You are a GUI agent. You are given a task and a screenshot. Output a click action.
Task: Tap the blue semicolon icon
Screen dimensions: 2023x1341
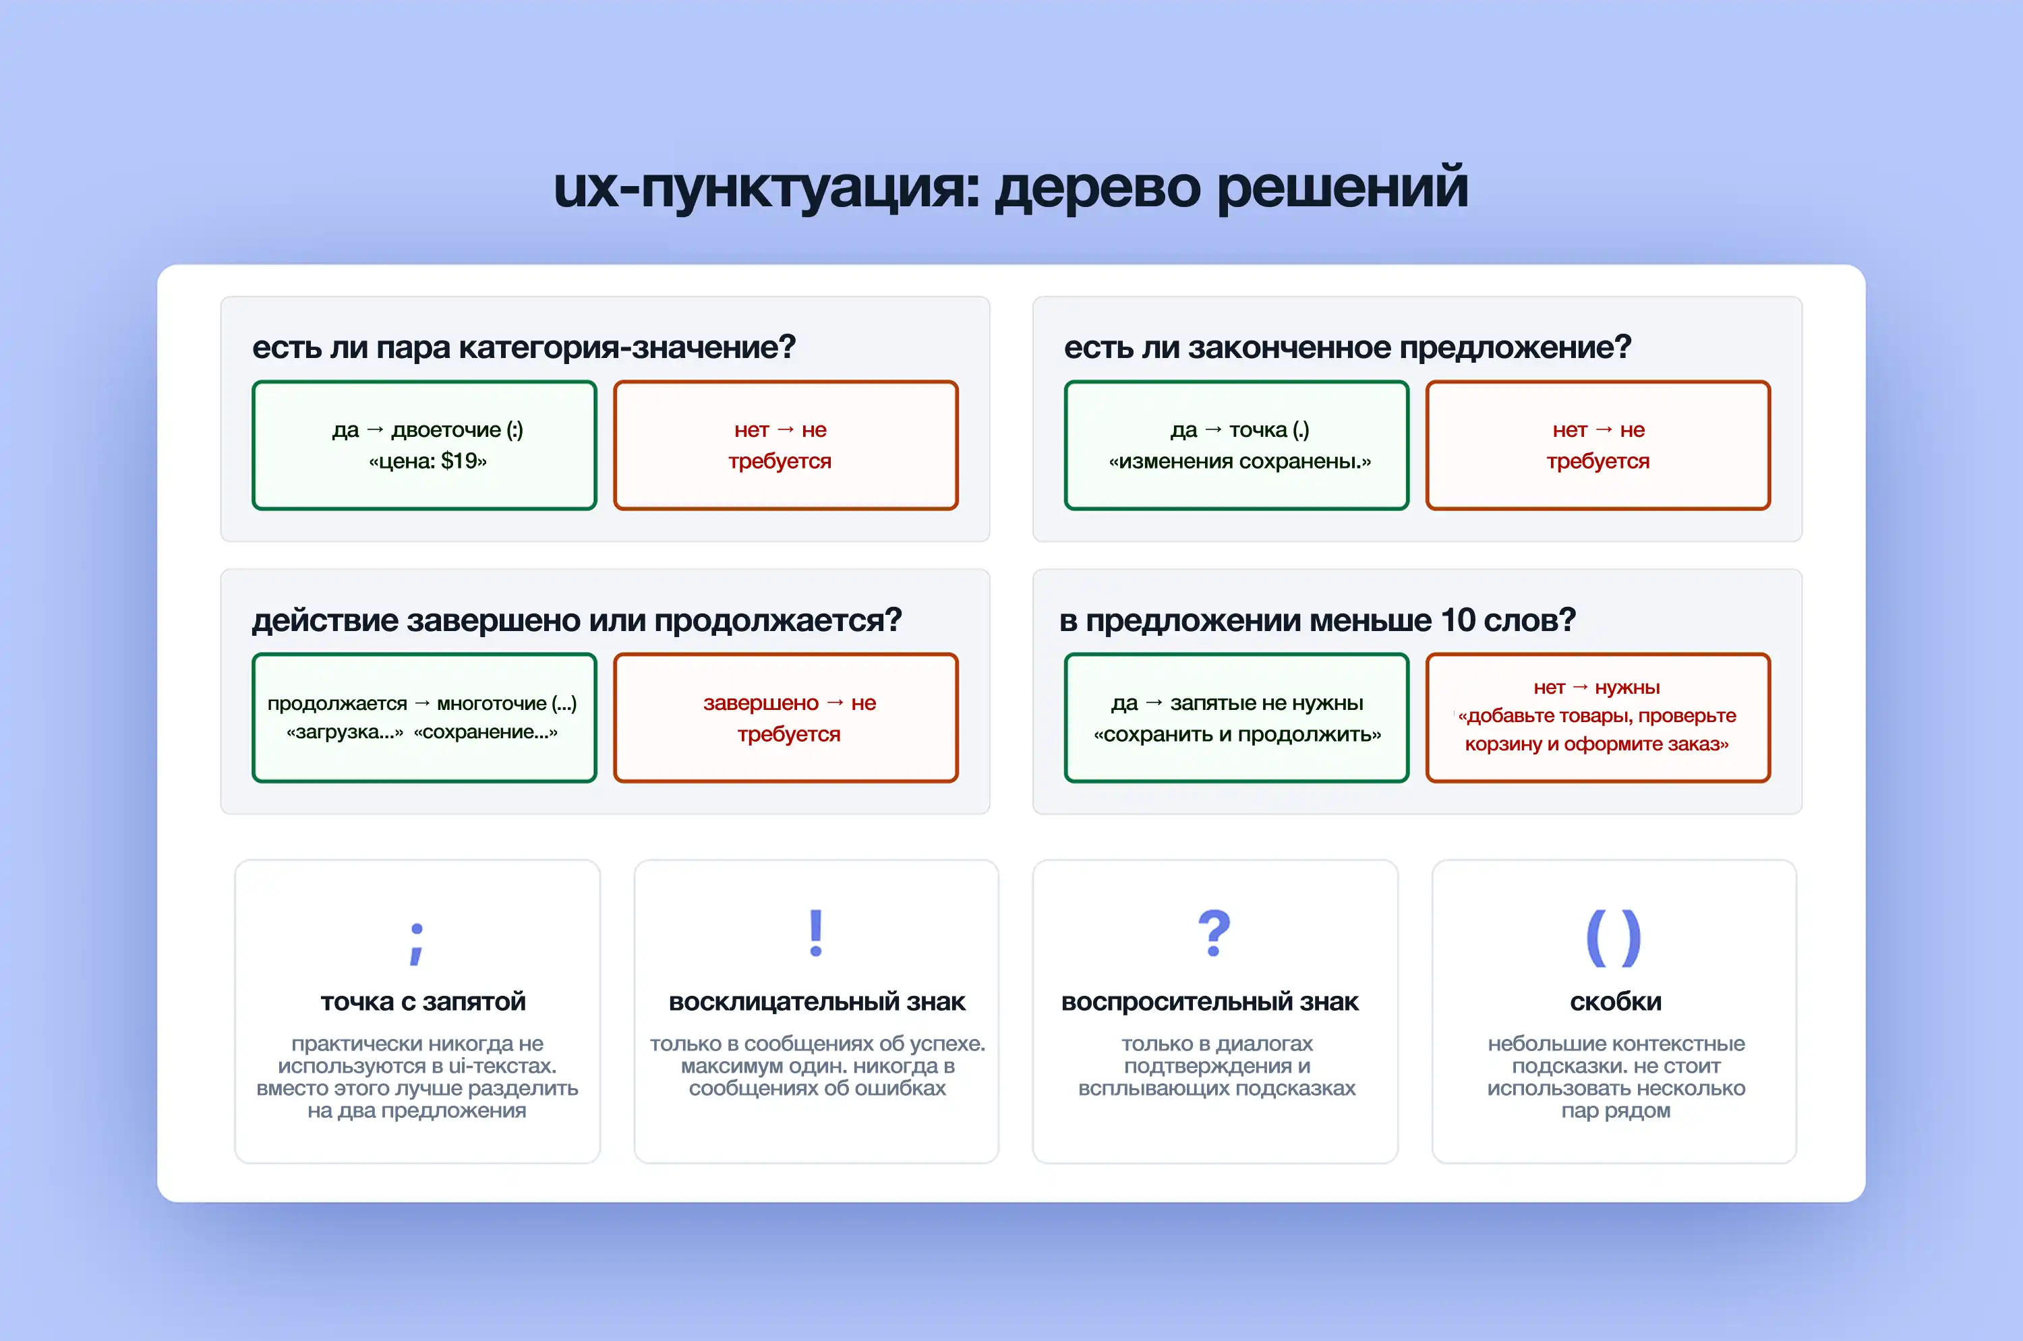click(x=417, y=943)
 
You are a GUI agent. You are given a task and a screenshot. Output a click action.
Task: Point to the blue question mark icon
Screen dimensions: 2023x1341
click(x=1214, y=933)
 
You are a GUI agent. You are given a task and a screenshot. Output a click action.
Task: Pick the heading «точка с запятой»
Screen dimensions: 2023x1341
click(x=423, y=1001)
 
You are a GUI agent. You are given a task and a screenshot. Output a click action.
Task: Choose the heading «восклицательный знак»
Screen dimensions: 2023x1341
click(x=817, y=1001)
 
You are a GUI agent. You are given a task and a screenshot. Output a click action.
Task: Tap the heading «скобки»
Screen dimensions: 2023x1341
click(x=1615, y=1001)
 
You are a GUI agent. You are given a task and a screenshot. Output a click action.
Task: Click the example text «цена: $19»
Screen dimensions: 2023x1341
click(x=428, y=462)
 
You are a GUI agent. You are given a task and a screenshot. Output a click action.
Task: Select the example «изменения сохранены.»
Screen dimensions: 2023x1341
click(x=1239, y=462)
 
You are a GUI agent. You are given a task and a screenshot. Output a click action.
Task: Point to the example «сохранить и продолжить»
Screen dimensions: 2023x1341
click(x=1237, y=735)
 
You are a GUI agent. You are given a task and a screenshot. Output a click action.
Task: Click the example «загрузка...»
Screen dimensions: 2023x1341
click(x=345, y=732)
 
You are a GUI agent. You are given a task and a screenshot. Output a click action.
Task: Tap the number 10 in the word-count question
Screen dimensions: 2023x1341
click(x=1458, y=620)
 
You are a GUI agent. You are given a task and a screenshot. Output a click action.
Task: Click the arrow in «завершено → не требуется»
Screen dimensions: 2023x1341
click(x=835, y=703)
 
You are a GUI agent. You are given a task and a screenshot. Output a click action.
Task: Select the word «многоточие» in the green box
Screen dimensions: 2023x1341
click(x=491, y=704)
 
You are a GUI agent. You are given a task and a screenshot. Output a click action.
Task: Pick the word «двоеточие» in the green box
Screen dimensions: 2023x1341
click(x=446, y=430)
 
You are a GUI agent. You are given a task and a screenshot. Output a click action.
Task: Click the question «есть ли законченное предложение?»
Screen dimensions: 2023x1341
click(x=1347, y=347)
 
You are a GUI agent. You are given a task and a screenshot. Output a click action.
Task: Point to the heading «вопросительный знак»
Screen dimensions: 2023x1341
click(x=1210, y=1001)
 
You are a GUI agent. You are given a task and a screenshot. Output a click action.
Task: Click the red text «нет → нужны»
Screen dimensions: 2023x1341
click(x=1596, y=688)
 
